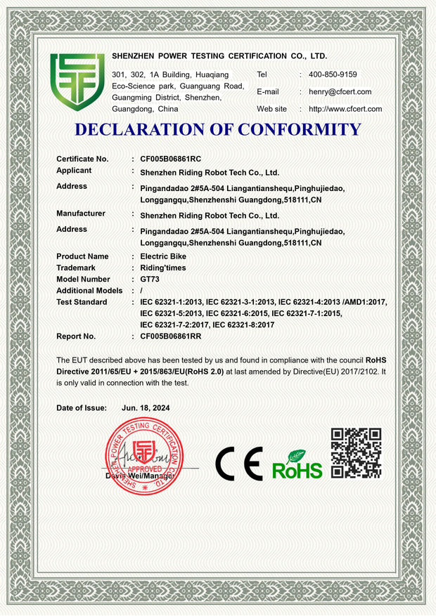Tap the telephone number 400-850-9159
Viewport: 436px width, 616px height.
point(333,74)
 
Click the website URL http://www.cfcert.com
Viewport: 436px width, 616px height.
point(345,109)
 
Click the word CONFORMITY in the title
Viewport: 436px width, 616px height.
point(299,130)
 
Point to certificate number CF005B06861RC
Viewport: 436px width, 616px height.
point(171,159)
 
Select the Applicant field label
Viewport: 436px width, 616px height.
point(74,171)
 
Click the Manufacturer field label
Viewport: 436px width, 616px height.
point(81,214)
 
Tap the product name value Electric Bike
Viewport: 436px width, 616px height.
point(163,256)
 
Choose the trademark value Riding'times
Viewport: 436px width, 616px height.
point(163,268)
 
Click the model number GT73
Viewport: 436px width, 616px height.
point(150,279)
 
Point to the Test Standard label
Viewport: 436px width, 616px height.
point(82,302)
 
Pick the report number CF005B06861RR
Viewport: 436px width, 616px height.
point(171,336)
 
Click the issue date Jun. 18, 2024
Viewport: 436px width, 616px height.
point(146,407)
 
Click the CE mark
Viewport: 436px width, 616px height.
point(238,463)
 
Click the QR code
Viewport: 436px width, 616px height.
point(356,453)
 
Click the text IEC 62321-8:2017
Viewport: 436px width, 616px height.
point(243,325)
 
